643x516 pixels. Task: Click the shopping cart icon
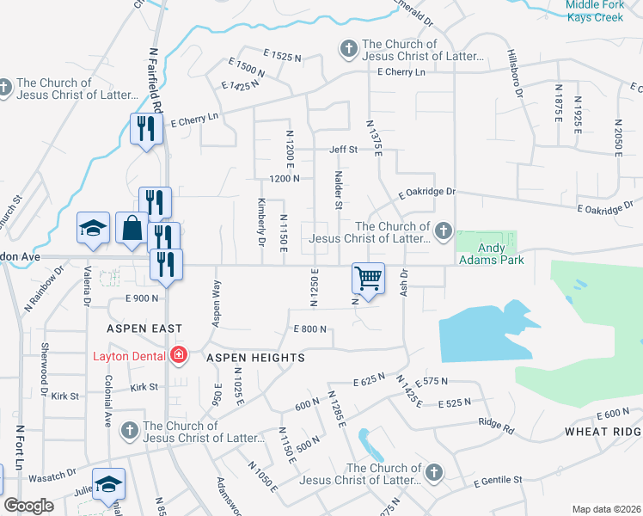click(368, 278)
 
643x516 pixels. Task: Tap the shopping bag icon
click(132, 229)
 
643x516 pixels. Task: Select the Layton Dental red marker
click(179, 354)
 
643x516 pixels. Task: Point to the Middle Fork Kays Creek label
click(601, 11)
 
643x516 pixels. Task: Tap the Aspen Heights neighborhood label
click(254, 357)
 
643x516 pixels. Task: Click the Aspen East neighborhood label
click(144, 329)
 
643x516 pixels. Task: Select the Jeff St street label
click(343, 150)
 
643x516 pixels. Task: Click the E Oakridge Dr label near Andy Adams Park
click(426, 193)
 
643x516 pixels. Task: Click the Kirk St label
click(64, 396)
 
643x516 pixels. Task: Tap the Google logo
click(28, 506)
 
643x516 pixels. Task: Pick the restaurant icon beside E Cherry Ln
click(144, 129)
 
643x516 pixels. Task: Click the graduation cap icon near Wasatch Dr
click(109, 484)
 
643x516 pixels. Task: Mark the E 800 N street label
click(310, 329)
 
